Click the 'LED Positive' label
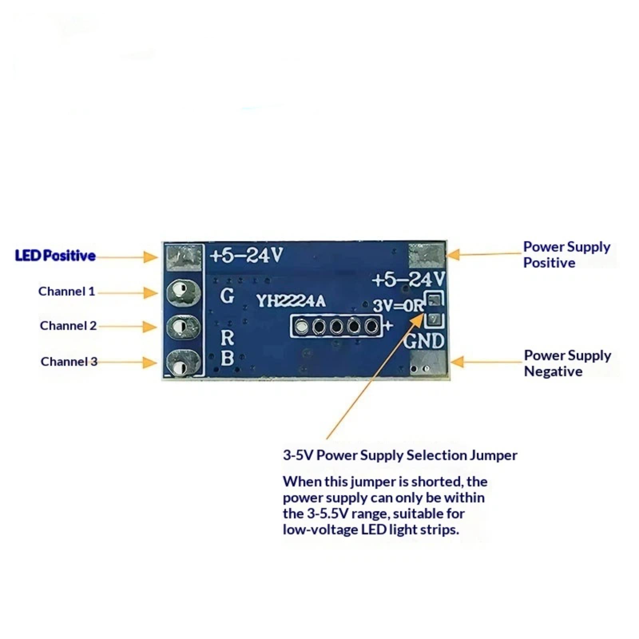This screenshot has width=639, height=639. [55, 256]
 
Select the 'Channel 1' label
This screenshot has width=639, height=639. [67, 292]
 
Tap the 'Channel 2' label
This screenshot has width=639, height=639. [68, 326]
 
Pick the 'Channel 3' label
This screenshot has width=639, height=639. [69, 361]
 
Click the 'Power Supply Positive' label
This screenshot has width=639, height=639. [566, 255]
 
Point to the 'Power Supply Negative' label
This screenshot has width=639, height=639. [567, 363]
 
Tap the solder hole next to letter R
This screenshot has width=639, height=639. [183, 327]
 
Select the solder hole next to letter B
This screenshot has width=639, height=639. [183, 362]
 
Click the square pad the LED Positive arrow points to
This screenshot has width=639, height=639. [184, 257]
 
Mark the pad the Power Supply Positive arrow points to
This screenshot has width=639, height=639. [427, 256]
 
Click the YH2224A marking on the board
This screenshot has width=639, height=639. [291, 301]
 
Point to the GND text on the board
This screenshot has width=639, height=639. [424, 341]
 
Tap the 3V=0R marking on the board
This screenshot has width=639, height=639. [398, 306]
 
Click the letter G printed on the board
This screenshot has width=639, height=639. [227, 296]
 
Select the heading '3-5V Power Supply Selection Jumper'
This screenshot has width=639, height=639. [400, 455]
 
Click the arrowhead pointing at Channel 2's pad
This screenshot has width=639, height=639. [150, 327]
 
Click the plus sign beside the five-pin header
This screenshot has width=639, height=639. [388, 325]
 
